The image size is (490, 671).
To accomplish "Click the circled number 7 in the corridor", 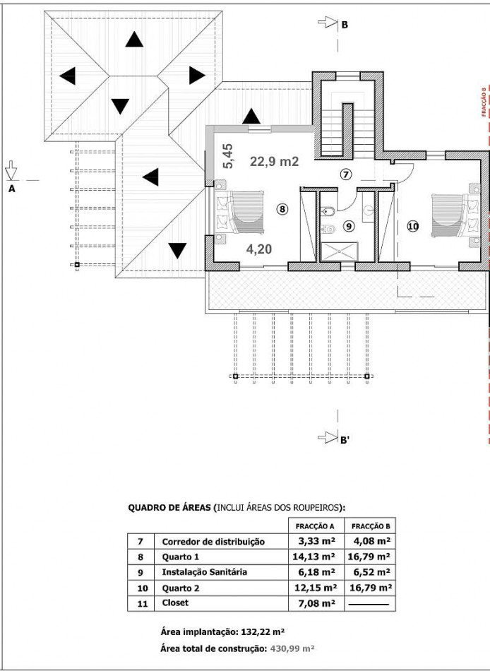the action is (x=346, y=174).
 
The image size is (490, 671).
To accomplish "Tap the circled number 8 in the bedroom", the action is (x=282, y=209).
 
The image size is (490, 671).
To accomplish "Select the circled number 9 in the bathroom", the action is (x=349, y=226).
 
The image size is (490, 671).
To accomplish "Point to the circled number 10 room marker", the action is (x=413, y=227).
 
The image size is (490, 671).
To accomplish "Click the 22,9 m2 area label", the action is (x=275, y=162).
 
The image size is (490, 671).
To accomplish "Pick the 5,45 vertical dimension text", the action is (x=228, y=156).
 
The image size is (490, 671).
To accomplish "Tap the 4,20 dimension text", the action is (x=259, y=249).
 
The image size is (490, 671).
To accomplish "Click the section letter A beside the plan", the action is (x=12, y=189).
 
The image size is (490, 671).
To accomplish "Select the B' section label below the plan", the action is (x=345, y=440).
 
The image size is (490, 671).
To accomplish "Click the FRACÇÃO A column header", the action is (x=315, y=526).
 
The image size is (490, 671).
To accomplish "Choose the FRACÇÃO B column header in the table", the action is (x=371, y=526).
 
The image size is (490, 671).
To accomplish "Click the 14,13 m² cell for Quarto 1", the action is (x=314, y=557).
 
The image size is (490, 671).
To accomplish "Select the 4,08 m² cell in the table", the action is (x=372, y=541).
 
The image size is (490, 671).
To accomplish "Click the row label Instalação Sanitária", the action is (x=205, y=572).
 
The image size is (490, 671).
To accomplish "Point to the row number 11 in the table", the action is (x=143, y=604).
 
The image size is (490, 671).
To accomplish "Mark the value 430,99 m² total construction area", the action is (x=292, y=648).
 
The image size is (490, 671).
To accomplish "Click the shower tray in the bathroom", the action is (x=339, y=251).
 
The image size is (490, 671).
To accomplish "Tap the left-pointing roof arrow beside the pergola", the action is (x=150, y=177).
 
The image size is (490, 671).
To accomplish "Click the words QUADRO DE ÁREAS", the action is (x=169, y=508).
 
